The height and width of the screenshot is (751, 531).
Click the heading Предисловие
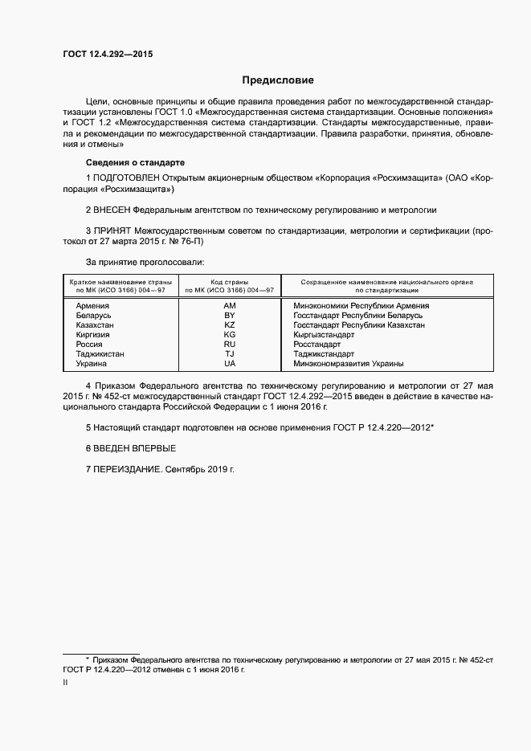click(278, 80)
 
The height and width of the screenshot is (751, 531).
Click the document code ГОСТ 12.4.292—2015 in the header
click(108, 54)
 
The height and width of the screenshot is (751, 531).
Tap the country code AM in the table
click(230, 306)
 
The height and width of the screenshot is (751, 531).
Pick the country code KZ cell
click(230, 325)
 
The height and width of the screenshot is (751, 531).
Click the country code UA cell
click(230, 364)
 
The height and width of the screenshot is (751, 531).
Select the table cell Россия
click(91, 345)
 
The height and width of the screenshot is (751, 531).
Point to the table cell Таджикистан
click(100, 354)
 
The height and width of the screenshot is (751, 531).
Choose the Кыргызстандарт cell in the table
click(325, 335)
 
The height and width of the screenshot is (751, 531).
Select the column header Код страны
click(230, 283)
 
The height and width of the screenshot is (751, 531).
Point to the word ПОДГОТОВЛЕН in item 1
click(127, 177)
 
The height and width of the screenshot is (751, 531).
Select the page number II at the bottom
click(65, 682)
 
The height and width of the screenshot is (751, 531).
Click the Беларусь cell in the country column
click(94, 316)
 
